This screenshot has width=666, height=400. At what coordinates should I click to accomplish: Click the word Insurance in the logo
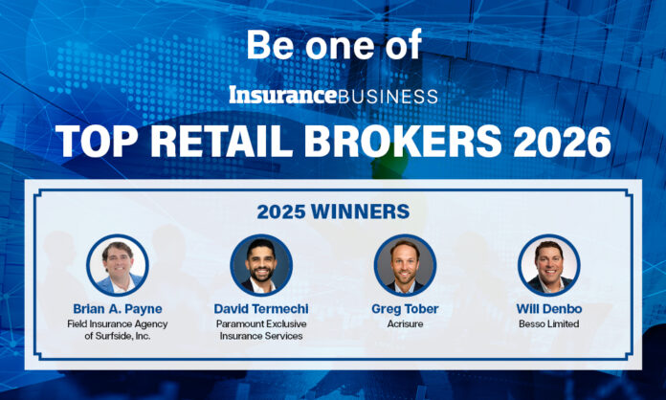pos(283,96)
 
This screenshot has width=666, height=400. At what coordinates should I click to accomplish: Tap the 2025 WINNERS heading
pos(333,210)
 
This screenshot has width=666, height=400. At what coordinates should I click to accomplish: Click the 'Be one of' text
pos(334,45)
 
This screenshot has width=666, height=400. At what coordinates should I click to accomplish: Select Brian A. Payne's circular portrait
pos(118,264)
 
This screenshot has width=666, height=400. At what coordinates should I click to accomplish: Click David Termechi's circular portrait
pos(261,264)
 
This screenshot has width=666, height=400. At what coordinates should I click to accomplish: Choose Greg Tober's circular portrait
pos(405,264)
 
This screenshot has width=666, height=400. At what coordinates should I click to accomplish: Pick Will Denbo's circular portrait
pos(548,264)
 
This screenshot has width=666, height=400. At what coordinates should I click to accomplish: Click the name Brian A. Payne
pos(118,309)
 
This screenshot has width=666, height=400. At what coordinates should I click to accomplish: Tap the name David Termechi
pos(261,309)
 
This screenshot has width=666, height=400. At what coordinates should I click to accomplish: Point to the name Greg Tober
pos(405,309)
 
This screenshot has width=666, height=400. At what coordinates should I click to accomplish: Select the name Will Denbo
pos(548,309)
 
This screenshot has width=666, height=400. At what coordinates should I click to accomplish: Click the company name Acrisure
pos(405,323)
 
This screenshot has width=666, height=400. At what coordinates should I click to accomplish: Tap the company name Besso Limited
pos(548,323)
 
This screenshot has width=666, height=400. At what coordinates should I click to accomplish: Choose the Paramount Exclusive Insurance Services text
pos(261,329)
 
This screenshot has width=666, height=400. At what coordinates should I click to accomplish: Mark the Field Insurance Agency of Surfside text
pos(118,329)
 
